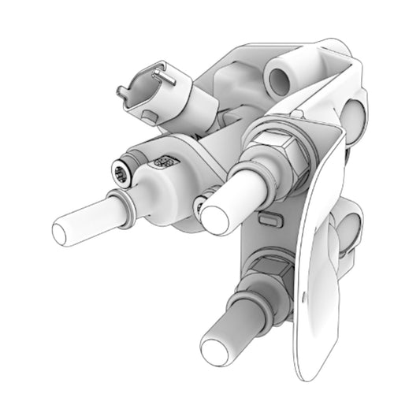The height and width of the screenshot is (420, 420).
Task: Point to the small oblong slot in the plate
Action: click(268, 215)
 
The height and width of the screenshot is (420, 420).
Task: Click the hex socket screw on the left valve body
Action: click(121, 173)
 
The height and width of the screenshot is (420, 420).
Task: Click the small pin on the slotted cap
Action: click(162, 74)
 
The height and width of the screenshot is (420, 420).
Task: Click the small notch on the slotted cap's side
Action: click(149, 116)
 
